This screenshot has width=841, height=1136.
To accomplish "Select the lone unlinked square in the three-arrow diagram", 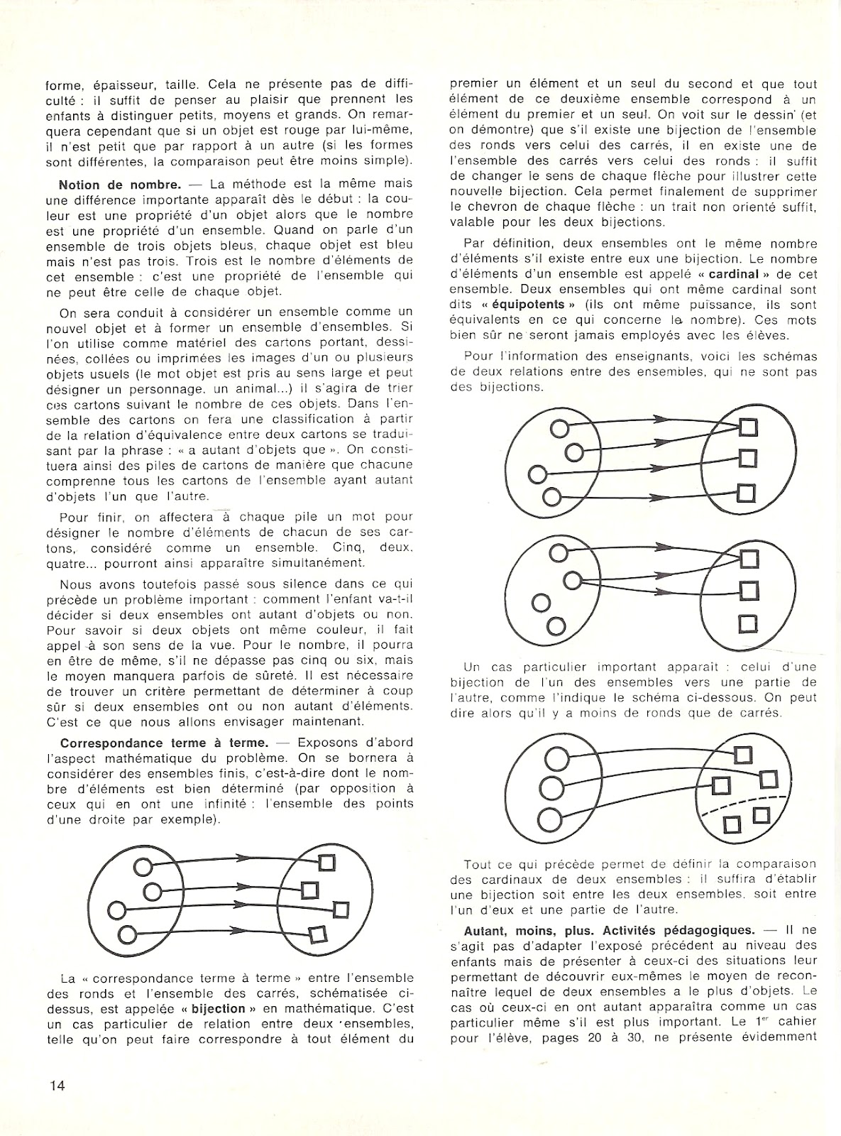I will [x=747, y=623].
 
